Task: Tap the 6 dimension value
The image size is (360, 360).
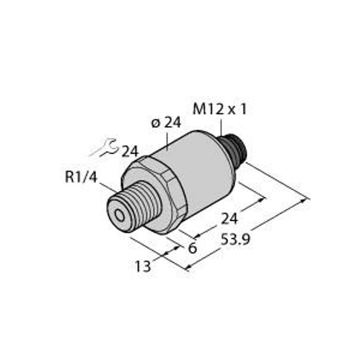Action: click(x=192, y=247)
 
